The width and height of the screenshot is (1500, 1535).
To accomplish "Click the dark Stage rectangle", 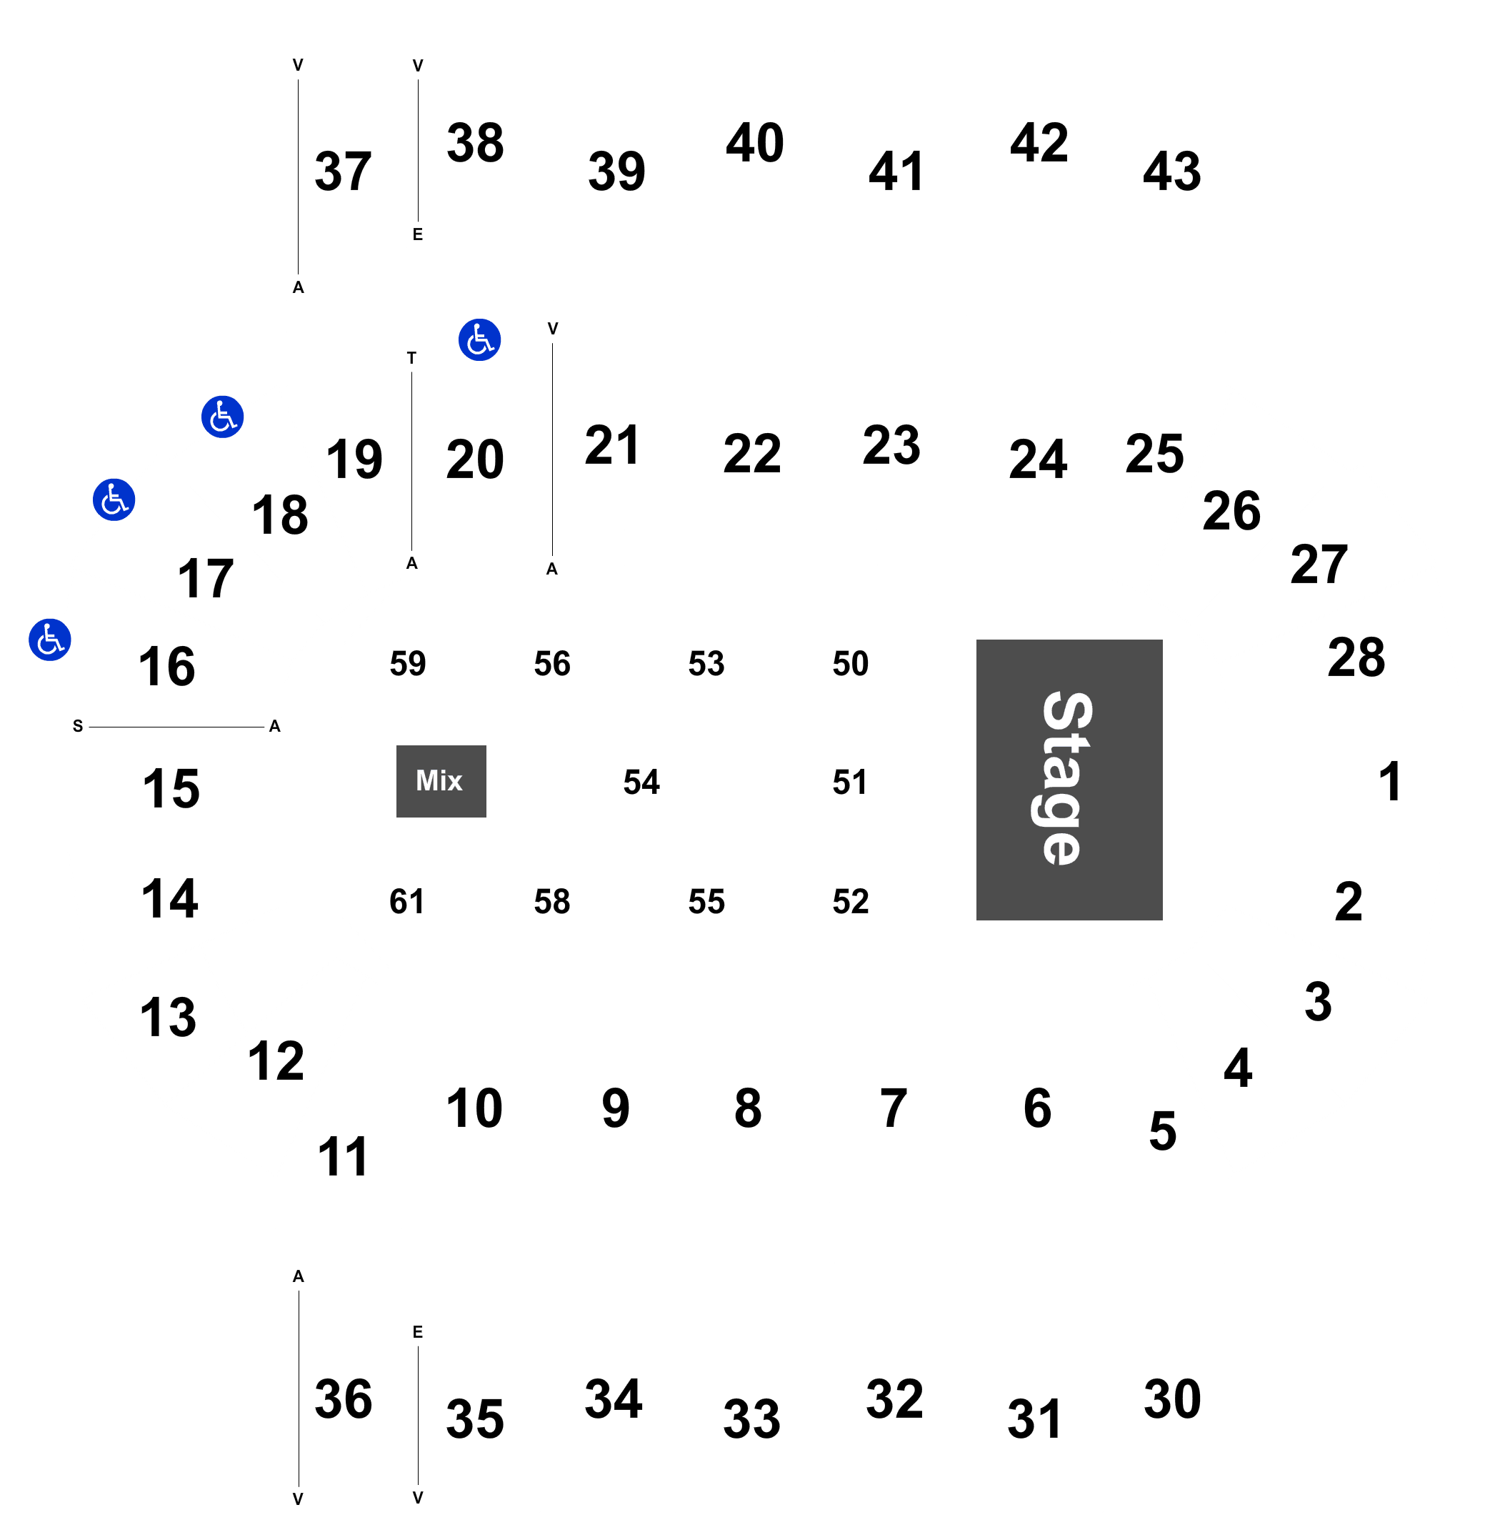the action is tap(1069, 780).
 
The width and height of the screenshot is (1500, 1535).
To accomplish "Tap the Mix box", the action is tap(441, 781).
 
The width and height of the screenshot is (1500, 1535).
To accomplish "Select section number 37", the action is tap(343, 171).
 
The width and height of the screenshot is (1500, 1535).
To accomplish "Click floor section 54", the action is tap(641, 782).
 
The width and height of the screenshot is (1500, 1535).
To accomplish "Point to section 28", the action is tap(1356, 657).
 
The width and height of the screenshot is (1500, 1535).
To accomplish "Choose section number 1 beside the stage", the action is tap(1390, 781).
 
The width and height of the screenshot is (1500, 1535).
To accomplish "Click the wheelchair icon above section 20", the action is tap(480, 339).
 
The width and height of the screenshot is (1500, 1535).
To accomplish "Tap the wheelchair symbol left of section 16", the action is tap(49, 639).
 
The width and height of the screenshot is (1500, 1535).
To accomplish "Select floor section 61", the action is tap(406, 901).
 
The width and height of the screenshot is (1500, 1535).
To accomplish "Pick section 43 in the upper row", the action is tap(1172, 171).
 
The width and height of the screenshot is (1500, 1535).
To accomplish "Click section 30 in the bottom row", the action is tap(1172, 1399).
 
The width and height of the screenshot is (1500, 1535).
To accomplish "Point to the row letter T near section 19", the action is tap(411, 358).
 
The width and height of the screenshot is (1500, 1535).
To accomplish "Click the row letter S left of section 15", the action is tap(78, 726).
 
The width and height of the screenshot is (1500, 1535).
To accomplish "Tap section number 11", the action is tap(343, 1157).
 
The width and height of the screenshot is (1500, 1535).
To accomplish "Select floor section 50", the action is tap(851, 663).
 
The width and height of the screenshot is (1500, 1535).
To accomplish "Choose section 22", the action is tap(752, 454).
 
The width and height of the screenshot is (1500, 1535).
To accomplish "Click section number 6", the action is tap(1038, 1108).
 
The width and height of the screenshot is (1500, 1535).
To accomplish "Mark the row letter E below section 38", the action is tap(418, 234).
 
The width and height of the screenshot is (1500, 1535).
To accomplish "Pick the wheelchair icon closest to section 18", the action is tap(222, 417).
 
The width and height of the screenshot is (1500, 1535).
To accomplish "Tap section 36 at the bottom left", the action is tap(344, 1399).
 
